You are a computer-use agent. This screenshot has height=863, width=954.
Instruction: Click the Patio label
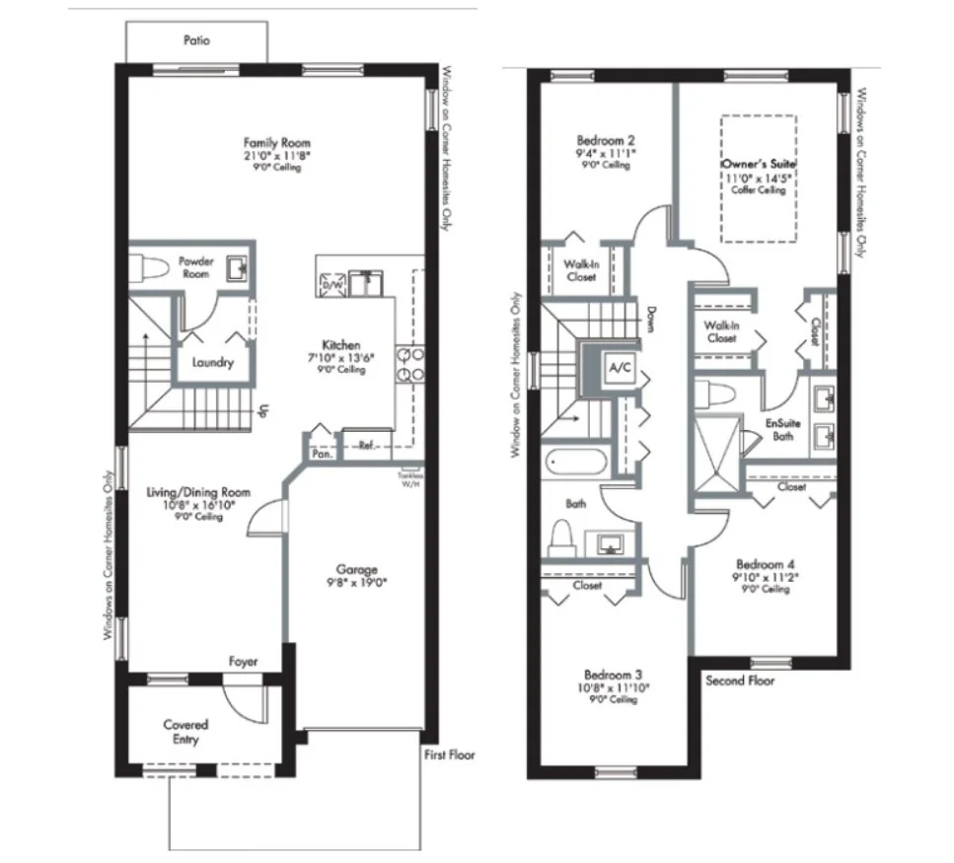tap(196, 40)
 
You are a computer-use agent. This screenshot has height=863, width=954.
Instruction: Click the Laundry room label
tap(212, 363)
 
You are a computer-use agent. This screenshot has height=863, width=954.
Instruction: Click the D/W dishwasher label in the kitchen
tap(329, 285)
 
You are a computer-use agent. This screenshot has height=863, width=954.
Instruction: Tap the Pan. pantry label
tap(321, 454)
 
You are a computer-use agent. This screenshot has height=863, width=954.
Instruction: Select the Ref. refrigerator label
tap(366, 444)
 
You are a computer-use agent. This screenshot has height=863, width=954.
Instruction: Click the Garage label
tap(357, 569)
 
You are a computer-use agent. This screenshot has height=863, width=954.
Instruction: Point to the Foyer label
tap(243, 662)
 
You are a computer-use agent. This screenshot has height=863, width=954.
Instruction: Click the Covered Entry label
tap(185, 732)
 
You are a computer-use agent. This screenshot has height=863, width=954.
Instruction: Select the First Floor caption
tap(449, 755)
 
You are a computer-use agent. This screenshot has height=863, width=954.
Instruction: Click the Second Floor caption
tap(740, 681)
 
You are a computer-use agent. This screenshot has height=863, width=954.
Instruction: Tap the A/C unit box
tap(620, 368)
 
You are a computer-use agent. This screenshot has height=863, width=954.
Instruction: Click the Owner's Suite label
tap(758, 162)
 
